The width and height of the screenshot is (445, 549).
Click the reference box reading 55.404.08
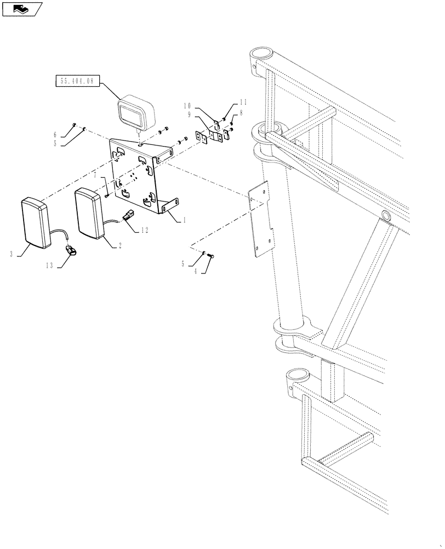point(76,81)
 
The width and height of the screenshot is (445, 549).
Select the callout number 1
point(184,219)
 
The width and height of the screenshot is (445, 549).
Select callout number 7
point(95,177)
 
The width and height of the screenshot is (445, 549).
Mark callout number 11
point(243,103)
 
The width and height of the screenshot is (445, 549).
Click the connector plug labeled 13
point(71,251)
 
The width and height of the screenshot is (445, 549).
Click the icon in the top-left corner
point(21,8)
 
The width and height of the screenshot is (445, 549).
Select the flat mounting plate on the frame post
point(261,219)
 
